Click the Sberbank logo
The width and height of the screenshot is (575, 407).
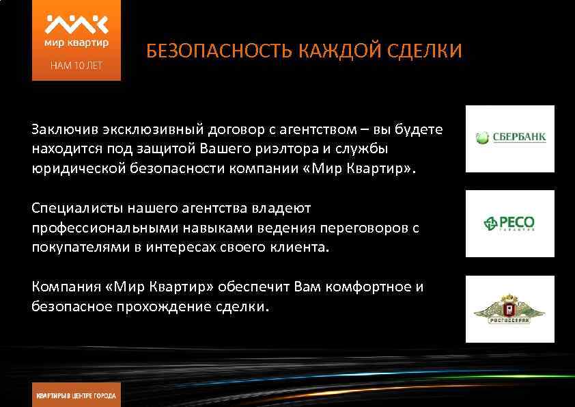coord(510,137)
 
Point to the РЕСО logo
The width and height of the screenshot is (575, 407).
coord(509,223)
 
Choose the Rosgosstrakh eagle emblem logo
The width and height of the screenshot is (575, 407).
coord(509,309)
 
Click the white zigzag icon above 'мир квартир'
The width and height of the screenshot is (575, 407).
coord(76,24)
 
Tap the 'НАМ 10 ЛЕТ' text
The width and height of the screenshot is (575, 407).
coord(76,66)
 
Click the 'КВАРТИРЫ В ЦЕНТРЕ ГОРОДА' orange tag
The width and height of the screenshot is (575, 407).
coord(76,395)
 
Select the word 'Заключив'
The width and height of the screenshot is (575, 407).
coord(60,129)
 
